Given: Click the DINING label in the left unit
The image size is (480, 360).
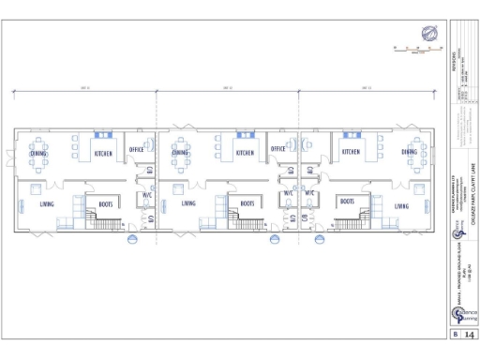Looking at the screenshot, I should tap(38, 152).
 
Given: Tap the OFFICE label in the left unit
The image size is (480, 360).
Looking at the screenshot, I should tap(136, 148).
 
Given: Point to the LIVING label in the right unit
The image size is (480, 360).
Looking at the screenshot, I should tap(401, 205).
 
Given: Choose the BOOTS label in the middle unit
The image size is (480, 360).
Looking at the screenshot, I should tap(247, 202).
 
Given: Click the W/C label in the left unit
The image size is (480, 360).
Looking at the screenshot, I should tap(147, 195).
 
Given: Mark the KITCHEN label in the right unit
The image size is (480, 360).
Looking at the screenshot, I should tap(351, 152).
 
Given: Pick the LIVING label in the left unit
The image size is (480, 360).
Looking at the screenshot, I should tap(47, 203).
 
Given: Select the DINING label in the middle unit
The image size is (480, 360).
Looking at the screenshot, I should tap(180, 152).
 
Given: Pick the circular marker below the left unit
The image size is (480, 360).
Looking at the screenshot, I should tap(131, 238).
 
